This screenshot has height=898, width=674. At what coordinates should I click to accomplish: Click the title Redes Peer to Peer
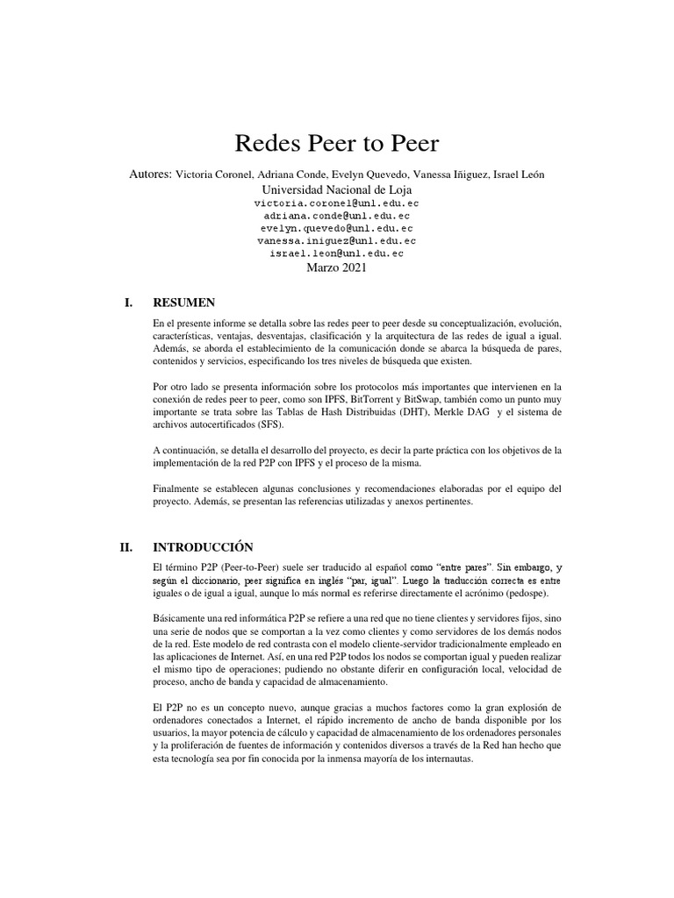pos(336,145)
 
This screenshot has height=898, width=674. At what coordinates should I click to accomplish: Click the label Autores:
pos(150,174)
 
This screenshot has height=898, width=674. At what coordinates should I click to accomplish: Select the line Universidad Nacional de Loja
pos(336,189)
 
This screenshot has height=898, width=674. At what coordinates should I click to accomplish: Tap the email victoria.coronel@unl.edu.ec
pos(337,203)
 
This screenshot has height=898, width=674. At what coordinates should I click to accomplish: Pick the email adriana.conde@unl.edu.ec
pos(337,215)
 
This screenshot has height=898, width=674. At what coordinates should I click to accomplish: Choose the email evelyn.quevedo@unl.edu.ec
pos(337,228)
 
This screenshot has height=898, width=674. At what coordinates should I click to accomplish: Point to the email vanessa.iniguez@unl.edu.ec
pos(337,240)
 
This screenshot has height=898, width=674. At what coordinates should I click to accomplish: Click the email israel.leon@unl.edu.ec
pos(337,253)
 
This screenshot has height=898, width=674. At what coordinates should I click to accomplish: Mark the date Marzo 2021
pos(336,267)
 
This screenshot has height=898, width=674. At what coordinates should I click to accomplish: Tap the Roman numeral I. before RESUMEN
pos(130,303)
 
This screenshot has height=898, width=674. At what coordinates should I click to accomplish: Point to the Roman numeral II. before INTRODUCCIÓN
pos(126,547)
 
